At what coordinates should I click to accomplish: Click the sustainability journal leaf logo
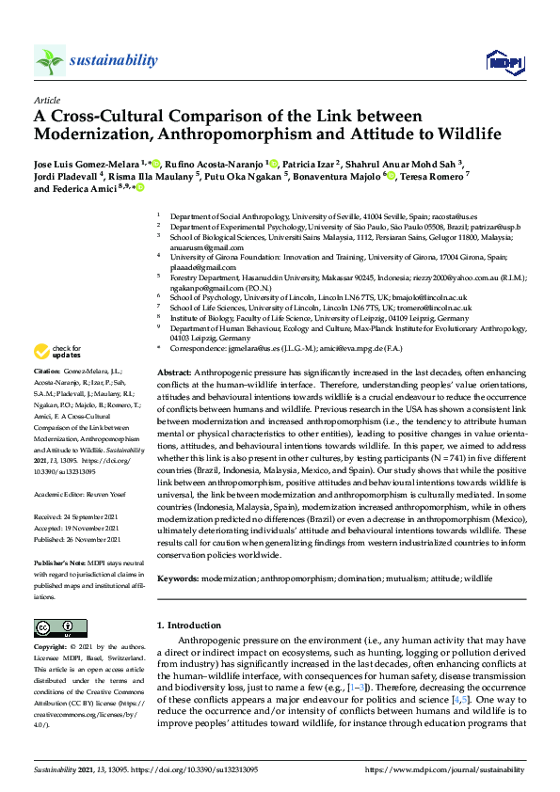point(49,60)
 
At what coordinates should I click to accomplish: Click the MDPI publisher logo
point(504,62)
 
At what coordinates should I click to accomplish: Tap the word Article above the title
point(47,100)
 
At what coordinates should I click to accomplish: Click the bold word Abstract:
point(175,373)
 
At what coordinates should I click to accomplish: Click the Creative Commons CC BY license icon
point(54,627)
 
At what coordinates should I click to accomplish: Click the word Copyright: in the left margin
point(52,648)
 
